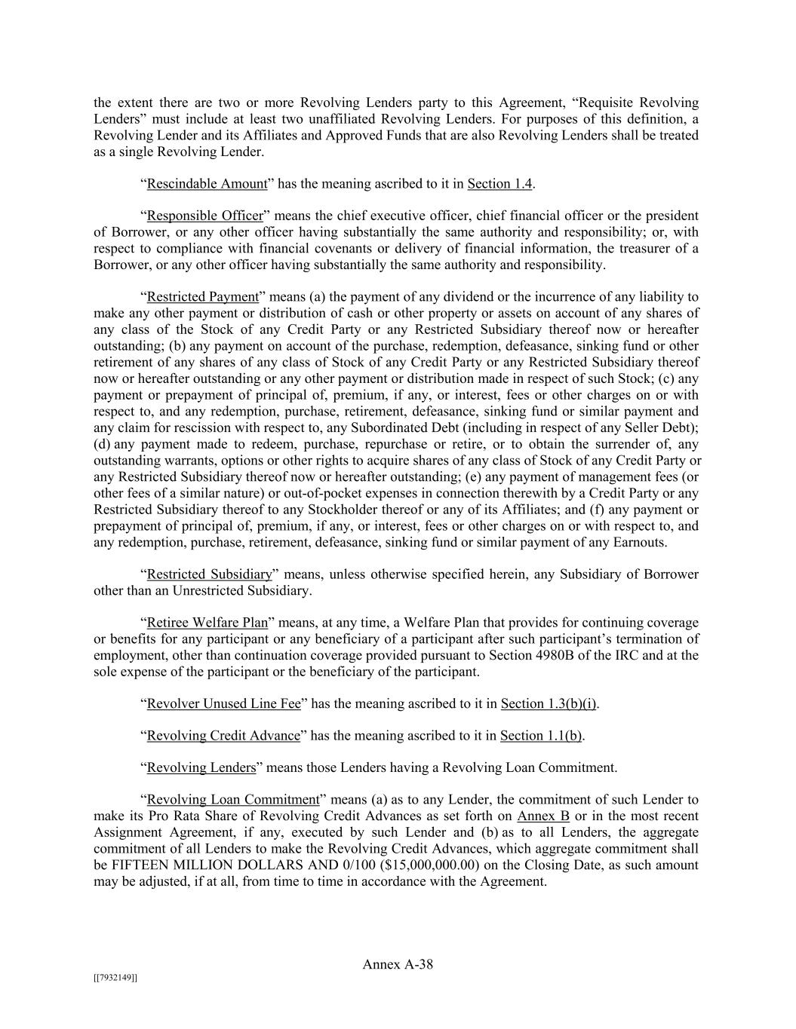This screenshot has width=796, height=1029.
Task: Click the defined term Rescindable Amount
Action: [x=207, y=184]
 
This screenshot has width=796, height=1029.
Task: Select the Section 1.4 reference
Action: [x=499, y=184]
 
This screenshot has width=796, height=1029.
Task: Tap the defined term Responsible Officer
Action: [x=204, y=216]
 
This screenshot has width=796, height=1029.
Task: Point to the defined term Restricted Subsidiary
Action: [x=209, y=574]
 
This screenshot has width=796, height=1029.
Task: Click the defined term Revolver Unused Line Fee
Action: [x=223, y=704]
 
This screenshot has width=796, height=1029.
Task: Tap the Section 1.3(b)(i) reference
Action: [x=549, y=704]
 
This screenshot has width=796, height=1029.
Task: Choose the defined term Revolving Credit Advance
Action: [x=223, y=736]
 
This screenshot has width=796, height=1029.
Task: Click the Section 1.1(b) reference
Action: [x=541, y=736]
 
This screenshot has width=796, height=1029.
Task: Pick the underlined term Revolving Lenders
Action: [x=201, y=768]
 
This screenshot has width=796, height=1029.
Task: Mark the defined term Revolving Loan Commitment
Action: [x=233, y=800]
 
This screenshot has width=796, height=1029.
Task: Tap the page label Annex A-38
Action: [x=398, y=965]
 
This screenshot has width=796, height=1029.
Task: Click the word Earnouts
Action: [x=641, y=543]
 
